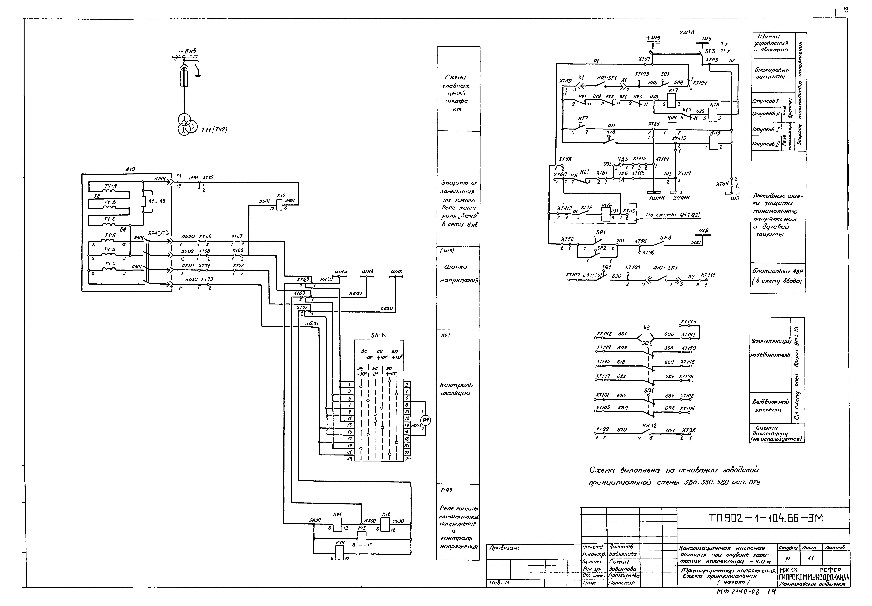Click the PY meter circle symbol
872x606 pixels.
click(426, 420)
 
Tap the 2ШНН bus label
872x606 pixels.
click(681, 197)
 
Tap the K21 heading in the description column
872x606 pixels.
click(445, 336)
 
